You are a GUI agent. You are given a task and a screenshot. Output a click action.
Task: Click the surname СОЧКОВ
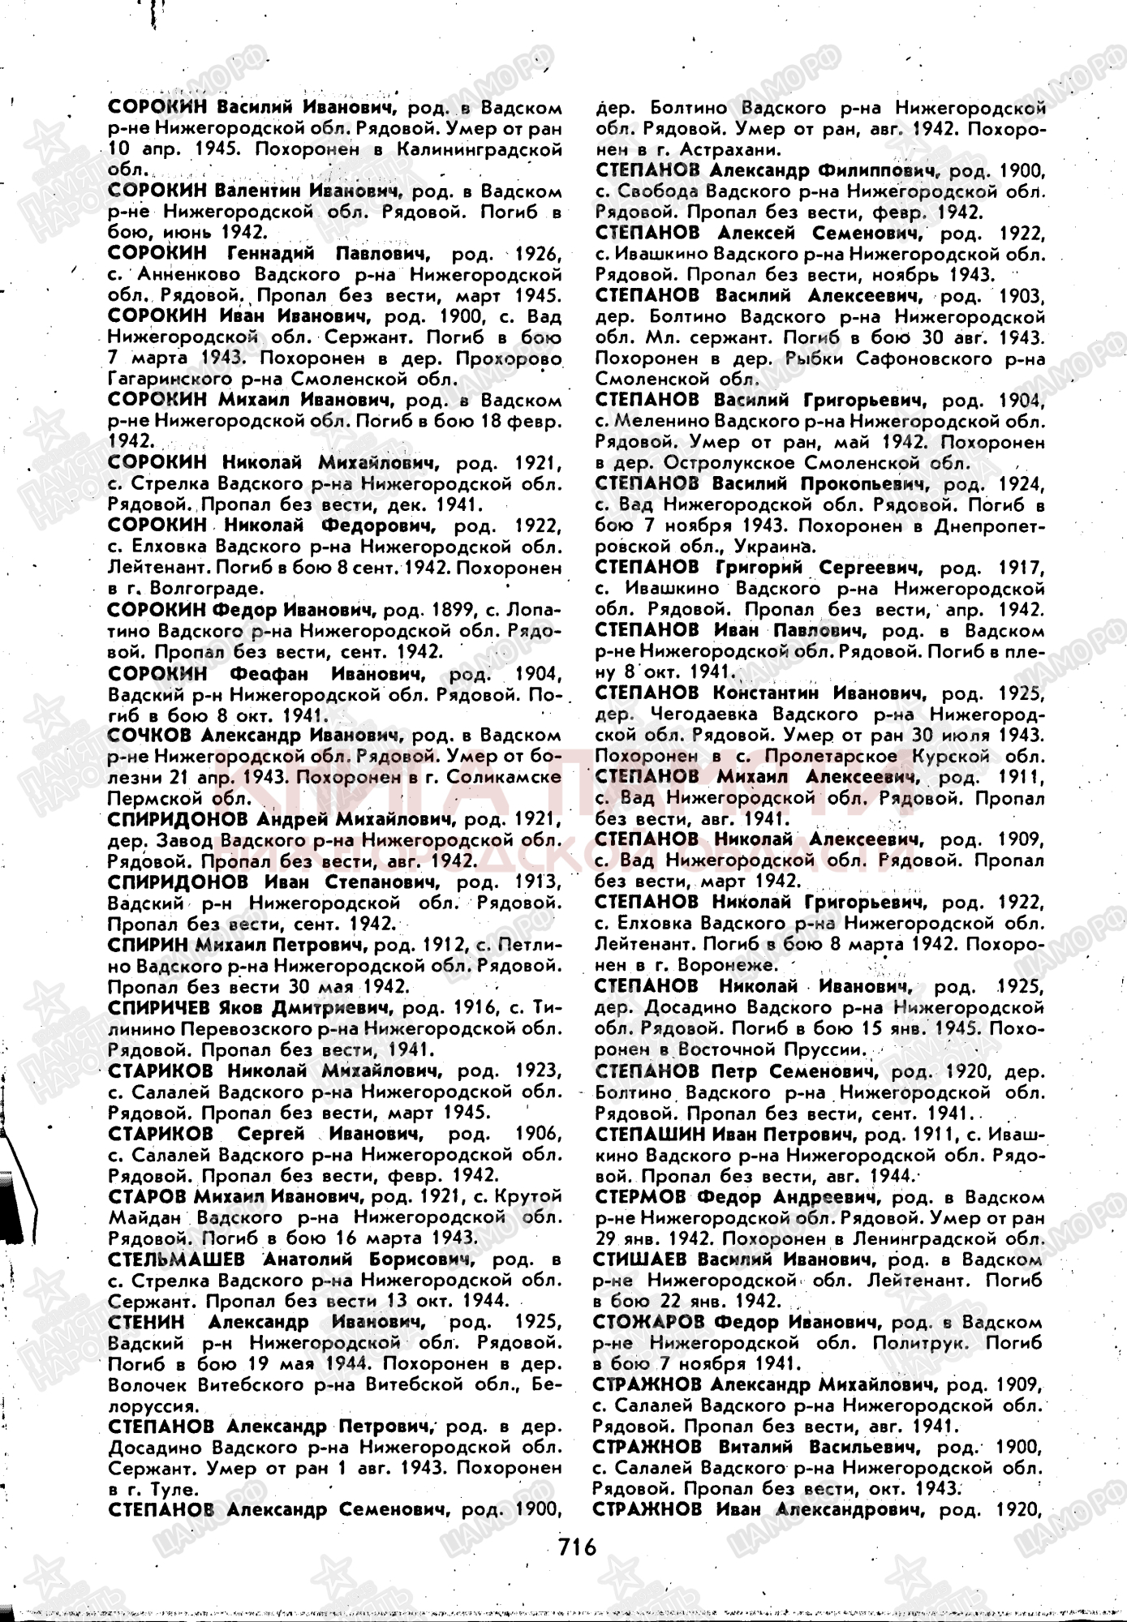(149, 735)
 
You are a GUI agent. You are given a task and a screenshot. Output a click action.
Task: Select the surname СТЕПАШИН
(650, 1134)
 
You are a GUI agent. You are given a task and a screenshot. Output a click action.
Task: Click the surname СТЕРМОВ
(645, 1197)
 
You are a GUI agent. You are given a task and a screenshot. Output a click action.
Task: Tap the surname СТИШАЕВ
(646, 1259)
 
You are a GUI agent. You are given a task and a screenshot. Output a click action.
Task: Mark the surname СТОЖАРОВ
(651, 1323)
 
